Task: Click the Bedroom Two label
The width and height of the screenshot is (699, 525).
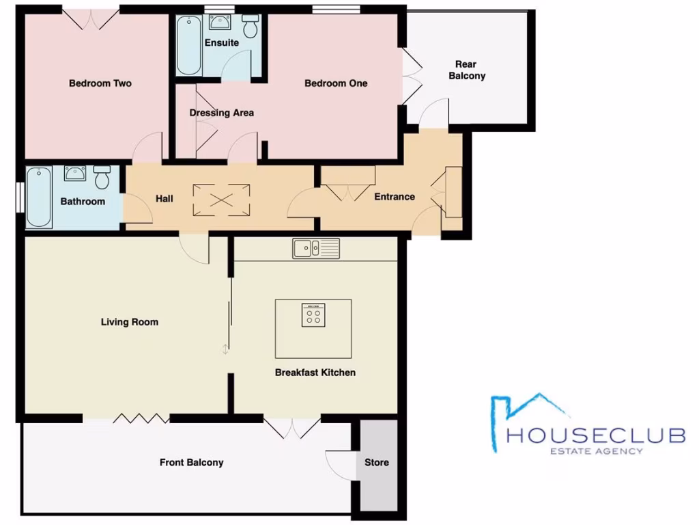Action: click(100, 83)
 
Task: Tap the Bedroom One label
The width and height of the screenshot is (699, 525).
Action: click(336, 83)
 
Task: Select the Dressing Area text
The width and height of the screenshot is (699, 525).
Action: click(221, 113)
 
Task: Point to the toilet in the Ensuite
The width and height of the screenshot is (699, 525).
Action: click(251, 26)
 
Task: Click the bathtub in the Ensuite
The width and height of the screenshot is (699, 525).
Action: click(188, 45)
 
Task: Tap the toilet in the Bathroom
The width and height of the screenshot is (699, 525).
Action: click(102, 177)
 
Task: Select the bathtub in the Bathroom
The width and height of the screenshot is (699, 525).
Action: click(39, 198)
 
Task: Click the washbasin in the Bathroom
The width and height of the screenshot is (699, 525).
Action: click(74, 173)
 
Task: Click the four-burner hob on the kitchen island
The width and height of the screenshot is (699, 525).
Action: click(313, 314)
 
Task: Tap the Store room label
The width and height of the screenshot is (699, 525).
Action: click(376, 463)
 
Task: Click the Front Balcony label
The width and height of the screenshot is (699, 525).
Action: click(191, 463)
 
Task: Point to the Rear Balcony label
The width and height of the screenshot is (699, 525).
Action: click(467, 70)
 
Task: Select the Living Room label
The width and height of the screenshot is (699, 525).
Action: click(129, 322)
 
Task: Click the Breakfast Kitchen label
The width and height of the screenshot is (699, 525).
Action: click(315, 373)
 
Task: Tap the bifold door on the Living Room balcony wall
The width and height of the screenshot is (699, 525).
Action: click(141, 418)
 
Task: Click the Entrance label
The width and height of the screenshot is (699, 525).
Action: click(395, 197)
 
